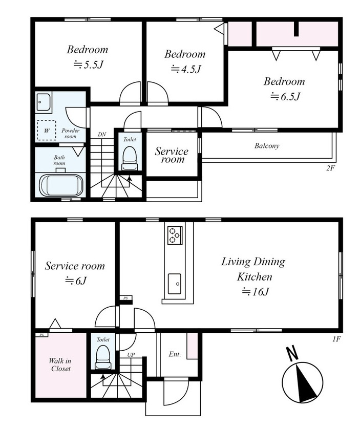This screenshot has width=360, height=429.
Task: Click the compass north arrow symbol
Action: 303,379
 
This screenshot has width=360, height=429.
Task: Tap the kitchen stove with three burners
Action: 175,235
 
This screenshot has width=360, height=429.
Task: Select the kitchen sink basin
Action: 175,284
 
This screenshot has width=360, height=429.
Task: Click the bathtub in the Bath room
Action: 61,185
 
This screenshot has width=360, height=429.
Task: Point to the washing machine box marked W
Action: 47,130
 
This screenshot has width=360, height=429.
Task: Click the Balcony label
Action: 267,145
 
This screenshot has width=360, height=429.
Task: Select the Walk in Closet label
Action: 60,364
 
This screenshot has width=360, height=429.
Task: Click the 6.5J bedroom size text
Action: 285,97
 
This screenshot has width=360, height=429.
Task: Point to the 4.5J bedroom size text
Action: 186,69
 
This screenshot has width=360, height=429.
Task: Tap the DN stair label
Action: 102,135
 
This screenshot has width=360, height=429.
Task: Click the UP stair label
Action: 131,355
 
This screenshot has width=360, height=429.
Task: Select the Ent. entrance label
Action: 175,354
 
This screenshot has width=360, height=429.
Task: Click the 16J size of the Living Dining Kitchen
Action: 255,292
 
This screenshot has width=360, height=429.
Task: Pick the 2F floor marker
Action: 330,168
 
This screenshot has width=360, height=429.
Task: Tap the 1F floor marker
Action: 336,339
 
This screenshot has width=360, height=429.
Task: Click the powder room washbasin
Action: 44,102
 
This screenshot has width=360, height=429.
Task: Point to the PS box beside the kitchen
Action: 126,298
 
